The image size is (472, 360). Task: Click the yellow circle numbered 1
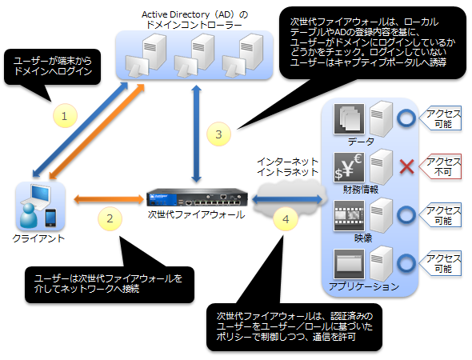(x=65, y=115)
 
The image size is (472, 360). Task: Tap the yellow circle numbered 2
(x=110, y=218)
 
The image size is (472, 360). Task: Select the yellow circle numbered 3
(x=218, y=134)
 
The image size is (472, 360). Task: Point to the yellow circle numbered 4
(x=286, y=219)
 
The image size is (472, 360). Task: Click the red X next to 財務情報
(x=406, y=166)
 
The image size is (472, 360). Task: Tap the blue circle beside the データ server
(x=406, y=118)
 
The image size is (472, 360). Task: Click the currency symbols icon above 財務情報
(x=349, y=167)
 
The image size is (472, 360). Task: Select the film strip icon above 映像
(x=349, y=215)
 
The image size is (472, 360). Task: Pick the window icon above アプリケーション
(x=349, y=264)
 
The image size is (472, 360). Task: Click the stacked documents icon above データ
(x=349, y=119)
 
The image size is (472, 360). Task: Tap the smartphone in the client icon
(x=50, y=218)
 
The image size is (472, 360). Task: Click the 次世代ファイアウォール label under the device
(x=196, y=214)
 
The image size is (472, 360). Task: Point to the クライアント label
(x=38, y=238)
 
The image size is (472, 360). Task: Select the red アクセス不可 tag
(x=440, y=166)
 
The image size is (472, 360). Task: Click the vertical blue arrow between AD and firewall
(x=196, y=134)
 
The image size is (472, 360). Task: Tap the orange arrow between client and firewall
(x=109, y=199)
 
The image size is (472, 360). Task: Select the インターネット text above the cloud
(x=287, y=162)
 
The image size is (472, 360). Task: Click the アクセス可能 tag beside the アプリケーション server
(x=440, y=263)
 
